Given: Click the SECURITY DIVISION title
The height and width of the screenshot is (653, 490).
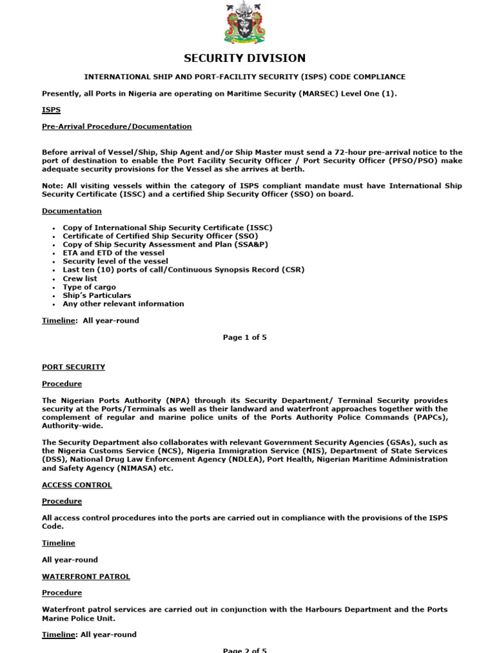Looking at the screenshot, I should [245, 59].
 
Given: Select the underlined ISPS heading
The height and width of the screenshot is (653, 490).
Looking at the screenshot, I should [51, 110].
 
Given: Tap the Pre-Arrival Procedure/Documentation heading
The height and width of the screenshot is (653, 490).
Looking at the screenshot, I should [117, 126].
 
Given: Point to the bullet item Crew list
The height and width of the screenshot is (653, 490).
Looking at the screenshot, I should [80, 279].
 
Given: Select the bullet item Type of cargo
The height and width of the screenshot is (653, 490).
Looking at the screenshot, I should [89, 287].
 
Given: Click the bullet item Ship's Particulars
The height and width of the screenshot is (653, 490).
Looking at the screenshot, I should [97, 295].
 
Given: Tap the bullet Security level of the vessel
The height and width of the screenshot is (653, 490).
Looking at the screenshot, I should [115, 261].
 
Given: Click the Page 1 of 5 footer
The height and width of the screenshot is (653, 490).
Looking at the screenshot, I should [245, 337].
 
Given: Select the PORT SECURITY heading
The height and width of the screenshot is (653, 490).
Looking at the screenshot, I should [73, 367].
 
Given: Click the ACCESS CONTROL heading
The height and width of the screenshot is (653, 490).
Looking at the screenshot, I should [77, 485].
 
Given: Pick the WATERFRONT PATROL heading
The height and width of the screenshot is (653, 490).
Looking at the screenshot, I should [85, 576].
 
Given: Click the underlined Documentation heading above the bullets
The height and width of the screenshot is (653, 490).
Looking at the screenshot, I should [71, 210].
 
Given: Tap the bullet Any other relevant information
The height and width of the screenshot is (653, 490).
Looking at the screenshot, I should [123, 304].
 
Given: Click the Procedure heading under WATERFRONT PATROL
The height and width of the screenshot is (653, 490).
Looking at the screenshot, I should [62, 593].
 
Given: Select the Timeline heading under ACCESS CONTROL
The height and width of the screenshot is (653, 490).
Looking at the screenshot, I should [59, 543].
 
